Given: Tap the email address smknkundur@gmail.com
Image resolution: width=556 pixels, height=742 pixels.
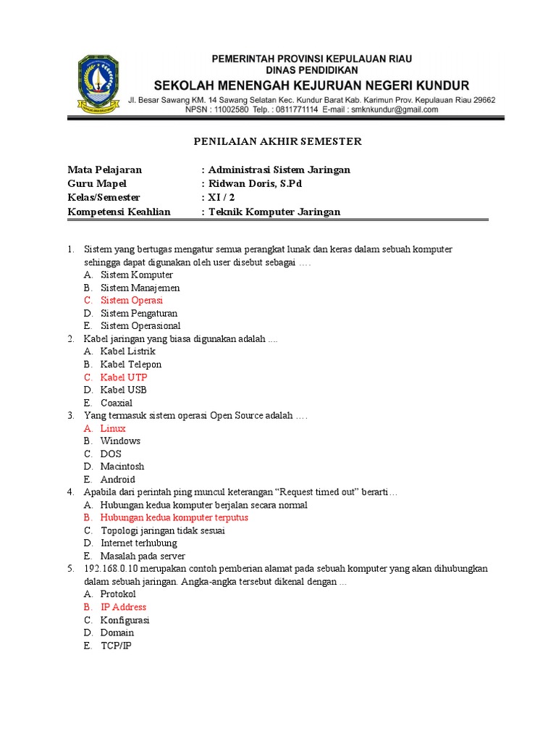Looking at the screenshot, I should click(393, 110).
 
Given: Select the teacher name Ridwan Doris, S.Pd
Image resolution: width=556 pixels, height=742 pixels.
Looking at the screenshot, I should click(254, 184).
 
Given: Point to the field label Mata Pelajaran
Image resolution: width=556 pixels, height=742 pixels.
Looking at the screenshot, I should click(105, 170).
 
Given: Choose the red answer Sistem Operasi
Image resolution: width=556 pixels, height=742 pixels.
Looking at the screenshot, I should click(132, 301).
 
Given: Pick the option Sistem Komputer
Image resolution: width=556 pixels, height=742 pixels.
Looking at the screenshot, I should click(137, 275).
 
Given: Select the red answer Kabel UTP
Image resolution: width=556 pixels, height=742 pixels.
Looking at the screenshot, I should click(124, 378).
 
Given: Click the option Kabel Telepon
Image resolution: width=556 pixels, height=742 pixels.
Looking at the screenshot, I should click(131, 364).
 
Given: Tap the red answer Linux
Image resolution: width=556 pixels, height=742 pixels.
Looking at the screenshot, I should click(113, 428).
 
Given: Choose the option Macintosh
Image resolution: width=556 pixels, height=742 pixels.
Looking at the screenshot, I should click(122, 467).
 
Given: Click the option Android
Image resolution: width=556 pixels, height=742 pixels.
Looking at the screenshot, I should click(118, 480).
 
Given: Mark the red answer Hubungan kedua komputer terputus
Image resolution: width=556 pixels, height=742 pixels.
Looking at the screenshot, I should click(174, 518).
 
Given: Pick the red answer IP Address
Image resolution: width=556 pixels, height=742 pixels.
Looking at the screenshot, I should click(123, 607).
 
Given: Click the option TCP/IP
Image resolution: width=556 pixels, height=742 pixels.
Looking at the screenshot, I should click(117, 646).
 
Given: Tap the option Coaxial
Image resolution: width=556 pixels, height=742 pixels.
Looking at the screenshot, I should click(117, 403).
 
